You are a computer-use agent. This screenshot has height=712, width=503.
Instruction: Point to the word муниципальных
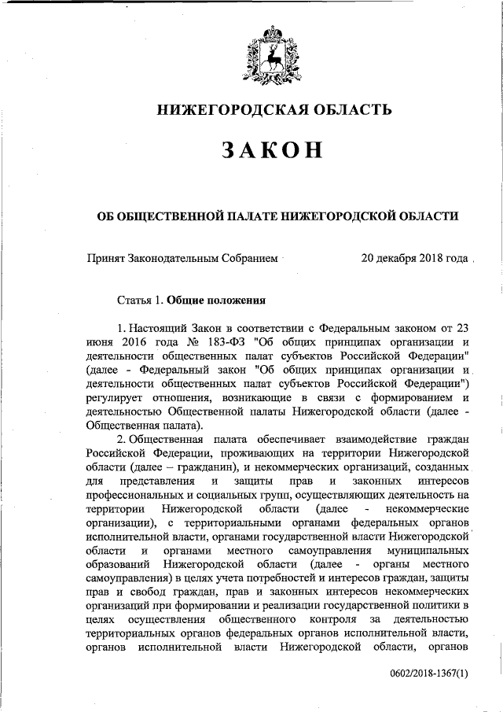click(428, 552)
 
